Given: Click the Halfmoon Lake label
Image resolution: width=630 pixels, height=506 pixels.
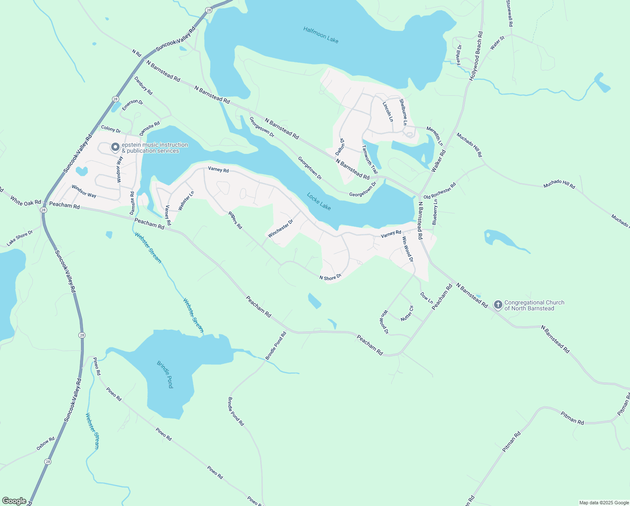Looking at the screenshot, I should tap(320, 35).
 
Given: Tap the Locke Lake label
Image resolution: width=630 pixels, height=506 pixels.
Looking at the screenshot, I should tap(319, 202).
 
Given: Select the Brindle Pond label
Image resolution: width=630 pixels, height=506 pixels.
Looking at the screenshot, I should tap(165, 374).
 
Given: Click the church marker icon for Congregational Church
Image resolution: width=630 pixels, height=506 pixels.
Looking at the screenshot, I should tap(498, 305).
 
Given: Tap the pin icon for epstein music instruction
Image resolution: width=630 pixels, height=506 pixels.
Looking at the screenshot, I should tap(115, 147).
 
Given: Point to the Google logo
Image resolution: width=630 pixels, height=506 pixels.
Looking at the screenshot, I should tap(14, 501).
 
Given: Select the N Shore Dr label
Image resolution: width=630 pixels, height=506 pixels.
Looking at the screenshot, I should tap(330, 278).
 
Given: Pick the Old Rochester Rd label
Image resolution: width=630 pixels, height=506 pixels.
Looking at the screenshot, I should tap(440, 191).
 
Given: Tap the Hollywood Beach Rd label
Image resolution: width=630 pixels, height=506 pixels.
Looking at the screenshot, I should tap(476, 56).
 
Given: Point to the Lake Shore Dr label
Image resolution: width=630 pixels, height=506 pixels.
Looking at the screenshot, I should tap(19, 238).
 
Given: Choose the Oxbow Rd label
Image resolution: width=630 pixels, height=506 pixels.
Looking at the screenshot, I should tap(45, 444).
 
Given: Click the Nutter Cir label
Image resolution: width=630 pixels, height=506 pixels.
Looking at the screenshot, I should tap(407, 313).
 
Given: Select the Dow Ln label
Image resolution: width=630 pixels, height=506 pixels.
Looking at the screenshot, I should tap(427, 298).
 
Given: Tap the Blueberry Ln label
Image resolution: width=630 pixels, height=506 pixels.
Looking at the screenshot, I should tap(435, 212).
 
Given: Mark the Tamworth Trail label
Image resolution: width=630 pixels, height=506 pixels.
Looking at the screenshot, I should tap(370, 159).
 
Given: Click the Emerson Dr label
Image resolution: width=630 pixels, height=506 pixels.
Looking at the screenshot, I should tap(133, 105).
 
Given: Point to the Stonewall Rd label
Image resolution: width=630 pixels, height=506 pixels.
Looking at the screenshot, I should tap(510, 13).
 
